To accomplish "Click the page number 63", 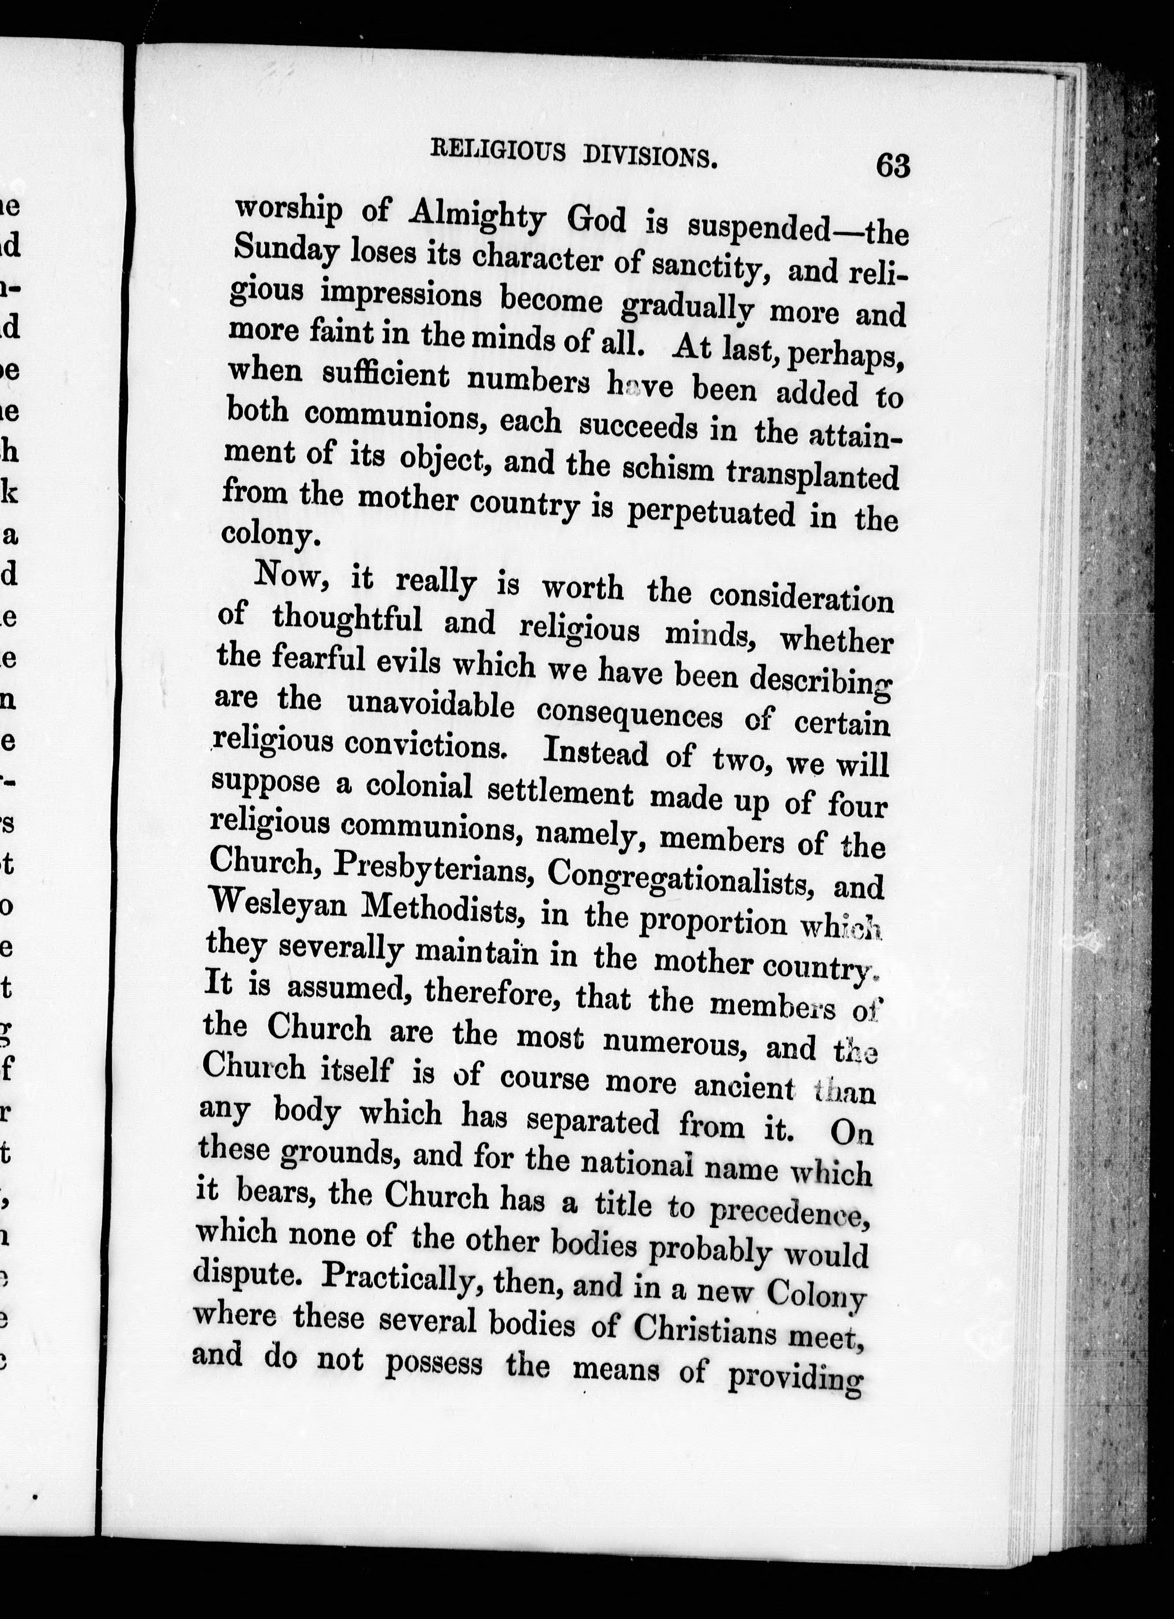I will coord(893,165).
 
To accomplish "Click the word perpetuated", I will coord(709,512).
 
